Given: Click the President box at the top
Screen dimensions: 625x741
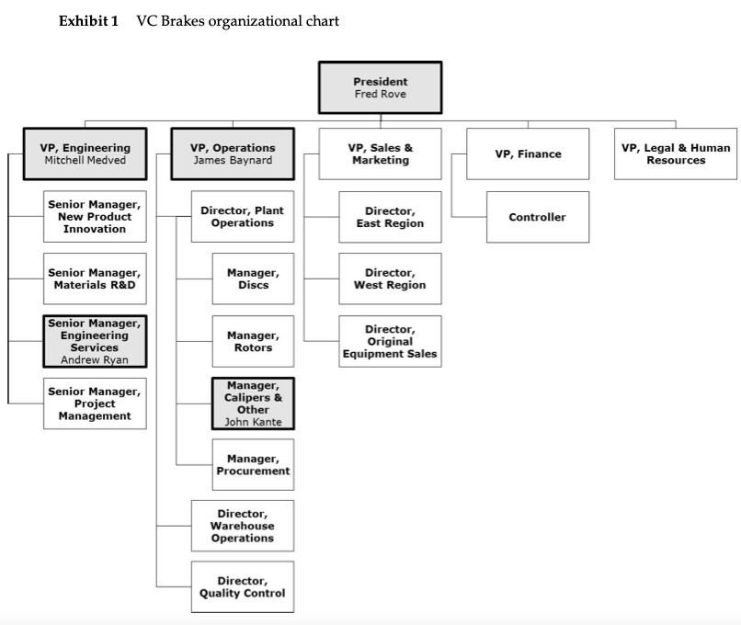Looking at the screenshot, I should (380, 86).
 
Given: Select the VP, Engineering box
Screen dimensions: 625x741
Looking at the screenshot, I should (85, 153).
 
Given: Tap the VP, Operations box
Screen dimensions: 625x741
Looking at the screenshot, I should (232, 153).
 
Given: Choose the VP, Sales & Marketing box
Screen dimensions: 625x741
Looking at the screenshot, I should (380, 153).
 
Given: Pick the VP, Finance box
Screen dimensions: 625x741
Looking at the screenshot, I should (528, 153).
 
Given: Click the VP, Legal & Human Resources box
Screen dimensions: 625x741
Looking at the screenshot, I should (676, 153).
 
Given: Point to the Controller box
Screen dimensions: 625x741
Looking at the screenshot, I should (537, 217).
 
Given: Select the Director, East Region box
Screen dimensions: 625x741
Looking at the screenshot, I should (390, 217).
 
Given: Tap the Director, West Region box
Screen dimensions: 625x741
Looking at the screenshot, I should (390, 278).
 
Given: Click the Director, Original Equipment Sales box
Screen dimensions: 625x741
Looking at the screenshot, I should (390, 341).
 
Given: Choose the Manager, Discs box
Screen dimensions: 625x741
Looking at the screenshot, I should (253, 278).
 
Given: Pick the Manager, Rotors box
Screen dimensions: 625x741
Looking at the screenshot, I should (253, 341).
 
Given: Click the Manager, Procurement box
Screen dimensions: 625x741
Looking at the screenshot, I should (253, 465).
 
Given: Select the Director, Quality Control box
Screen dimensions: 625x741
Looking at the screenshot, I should (243, 586).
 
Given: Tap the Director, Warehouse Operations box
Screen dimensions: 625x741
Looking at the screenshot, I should (243, 526).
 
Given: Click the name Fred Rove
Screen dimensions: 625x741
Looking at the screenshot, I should (380, 94).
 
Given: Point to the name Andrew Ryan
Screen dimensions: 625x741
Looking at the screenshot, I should (95, 360).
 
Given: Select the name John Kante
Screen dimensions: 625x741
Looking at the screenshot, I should (253, 422).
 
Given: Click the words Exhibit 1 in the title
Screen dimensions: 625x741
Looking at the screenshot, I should (88, 20).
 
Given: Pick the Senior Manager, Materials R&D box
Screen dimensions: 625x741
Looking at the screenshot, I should (95, 278).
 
